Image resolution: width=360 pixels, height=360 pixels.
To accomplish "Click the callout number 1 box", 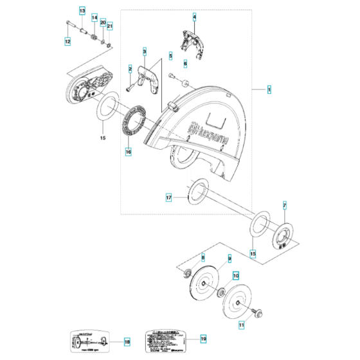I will coord(270,89).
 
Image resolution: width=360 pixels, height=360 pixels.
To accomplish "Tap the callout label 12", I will coord(67,41).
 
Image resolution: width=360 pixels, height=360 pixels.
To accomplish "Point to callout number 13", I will coord(82,11).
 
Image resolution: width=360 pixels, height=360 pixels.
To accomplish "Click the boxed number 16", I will coord(128,152).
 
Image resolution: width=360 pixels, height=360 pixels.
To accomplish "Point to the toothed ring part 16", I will coord(133,120).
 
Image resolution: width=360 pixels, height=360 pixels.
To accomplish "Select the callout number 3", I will coord(145,51).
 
